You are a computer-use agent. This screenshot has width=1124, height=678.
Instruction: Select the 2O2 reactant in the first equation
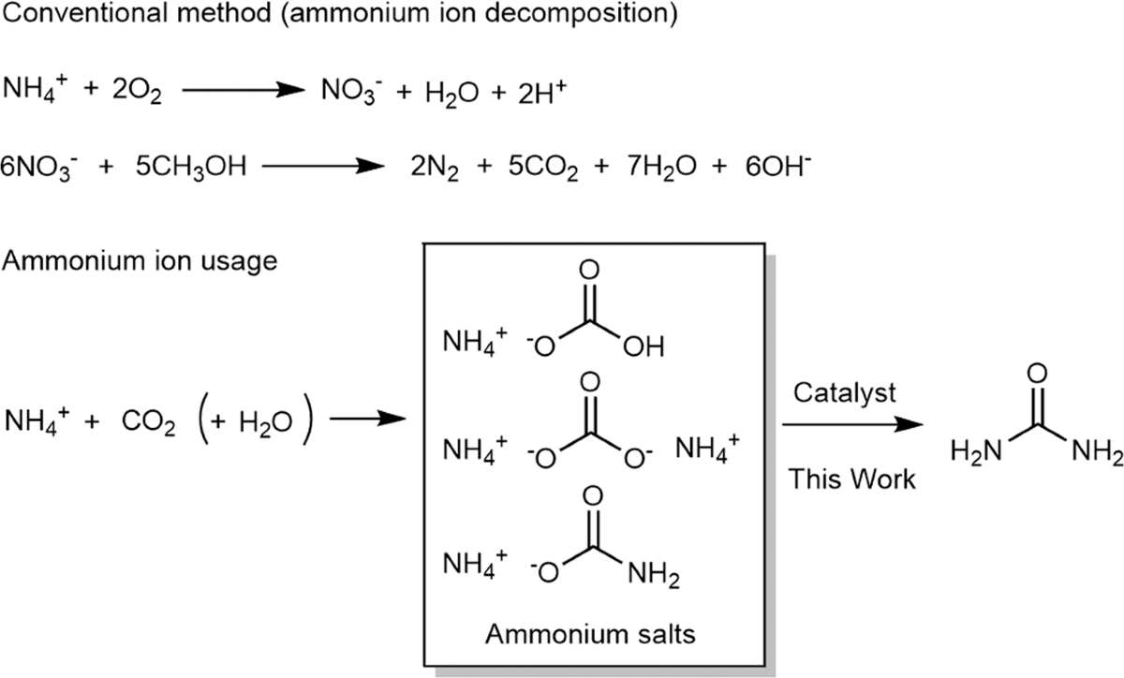(x=138, y=92)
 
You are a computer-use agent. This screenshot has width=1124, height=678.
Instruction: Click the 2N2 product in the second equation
(x=432, y=169)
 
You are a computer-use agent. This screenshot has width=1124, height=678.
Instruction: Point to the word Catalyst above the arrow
(x=844, y=391)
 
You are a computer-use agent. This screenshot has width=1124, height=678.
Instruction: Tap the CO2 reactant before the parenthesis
(x=148, y=422)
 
